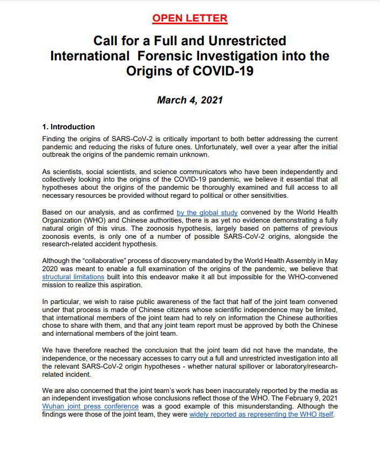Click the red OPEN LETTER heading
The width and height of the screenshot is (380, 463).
(189, 18)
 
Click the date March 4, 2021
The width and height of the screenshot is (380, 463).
(189, 100)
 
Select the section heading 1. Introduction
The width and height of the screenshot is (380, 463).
(68, 127)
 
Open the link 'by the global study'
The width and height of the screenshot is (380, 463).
(207, 213)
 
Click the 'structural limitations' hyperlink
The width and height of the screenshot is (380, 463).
(73, 277)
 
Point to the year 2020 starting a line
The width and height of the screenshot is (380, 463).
(51, 269)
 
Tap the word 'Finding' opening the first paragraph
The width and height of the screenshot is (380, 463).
(55, 139)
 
